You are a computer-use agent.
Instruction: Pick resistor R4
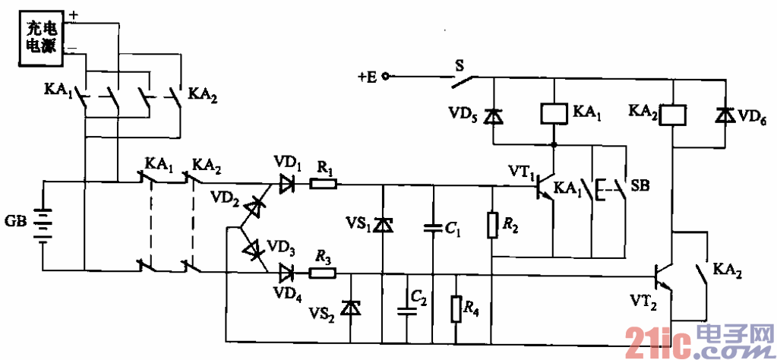pyautogui.click(x=455, y=309)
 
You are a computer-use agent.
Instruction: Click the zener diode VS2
pyautogui.click(x=349, y=308)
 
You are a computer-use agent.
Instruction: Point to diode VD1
pyautogui.click(x=287, y=183)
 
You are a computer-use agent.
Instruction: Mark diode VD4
pyautogui.click(x=287, y=272)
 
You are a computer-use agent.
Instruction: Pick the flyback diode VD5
pyautogui.click(x=494, y=116)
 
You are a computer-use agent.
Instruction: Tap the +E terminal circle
pyautogui.click(x=384, y=77)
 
